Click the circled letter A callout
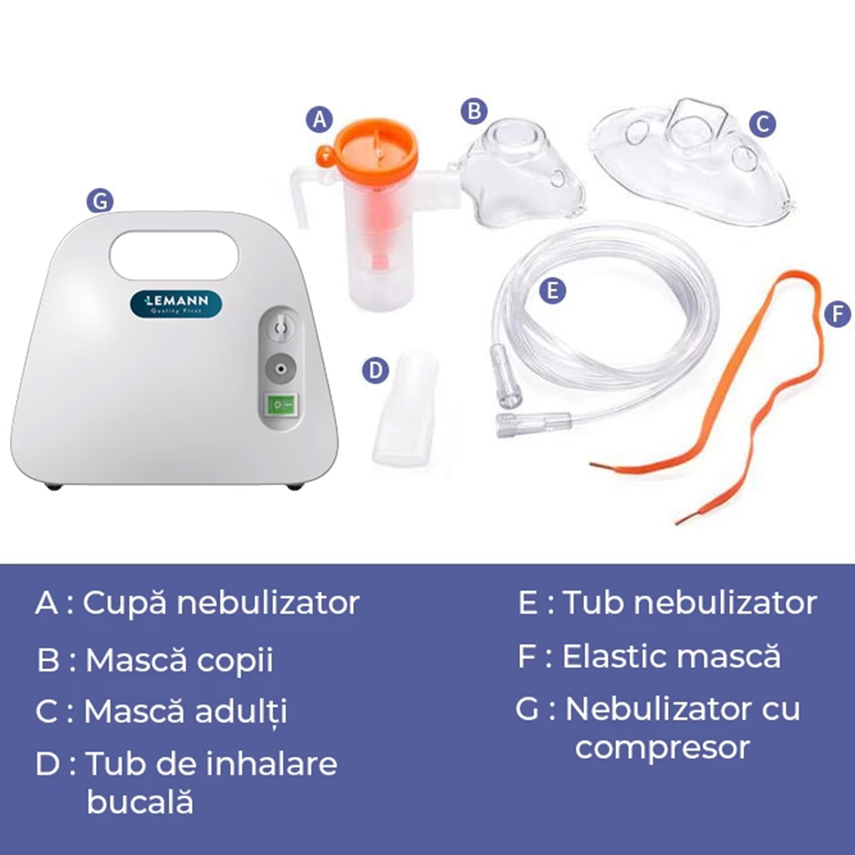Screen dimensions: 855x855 (x=319, y=120)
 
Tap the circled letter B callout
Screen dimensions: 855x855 (x=474, y=111)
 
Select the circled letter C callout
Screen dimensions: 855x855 (x=762, y=124)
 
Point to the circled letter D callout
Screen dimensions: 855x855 (x=375, y=370)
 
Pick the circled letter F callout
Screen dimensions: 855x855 (x=837, y=314)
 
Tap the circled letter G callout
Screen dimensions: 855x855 (x=100, y=202)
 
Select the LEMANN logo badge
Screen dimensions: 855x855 (x=176, y=304)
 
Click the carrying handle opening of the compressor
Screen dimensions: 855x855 (x=174, y=255)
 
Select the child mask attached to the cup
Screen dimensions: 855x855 (x=522, y=173)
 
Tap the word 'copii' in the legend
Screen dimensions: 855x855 (x=235, y=660)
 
